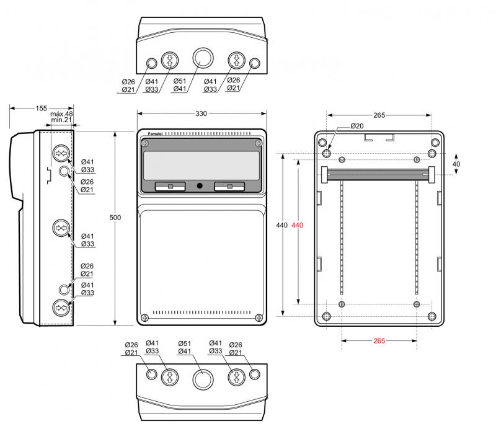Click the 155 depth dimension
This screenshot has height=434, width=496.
point(41,108)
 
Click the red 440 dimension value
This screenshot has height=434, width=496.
point(296,225)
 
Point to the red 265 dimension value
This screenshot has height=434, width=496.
point(379,340)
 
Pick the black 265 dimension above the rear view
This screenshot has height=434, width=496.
point(379,115)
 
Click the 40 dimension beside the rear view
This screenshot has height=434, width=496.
point(456,164)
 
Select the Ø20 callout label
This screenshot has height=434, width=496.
point(356,126)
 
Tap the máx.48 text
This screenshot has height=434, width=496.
point(61,114)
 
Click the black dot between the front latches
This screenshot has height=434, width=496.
point(200,186)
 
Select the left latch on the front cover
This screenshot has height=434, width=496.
point(170,185)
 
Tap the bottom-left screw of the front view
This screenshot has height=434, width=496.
point(144,317)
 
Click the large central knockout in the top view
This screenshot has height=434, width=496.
point(201,58)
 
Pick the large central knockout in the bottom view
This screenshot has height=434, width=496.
point(201,378)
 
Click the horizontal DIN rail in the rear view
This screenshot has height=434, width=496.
point(378,174)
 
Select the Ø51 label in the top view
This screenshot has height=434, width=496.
point(180,81)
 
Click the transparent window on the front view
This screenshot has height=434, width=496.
point(201,166)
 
